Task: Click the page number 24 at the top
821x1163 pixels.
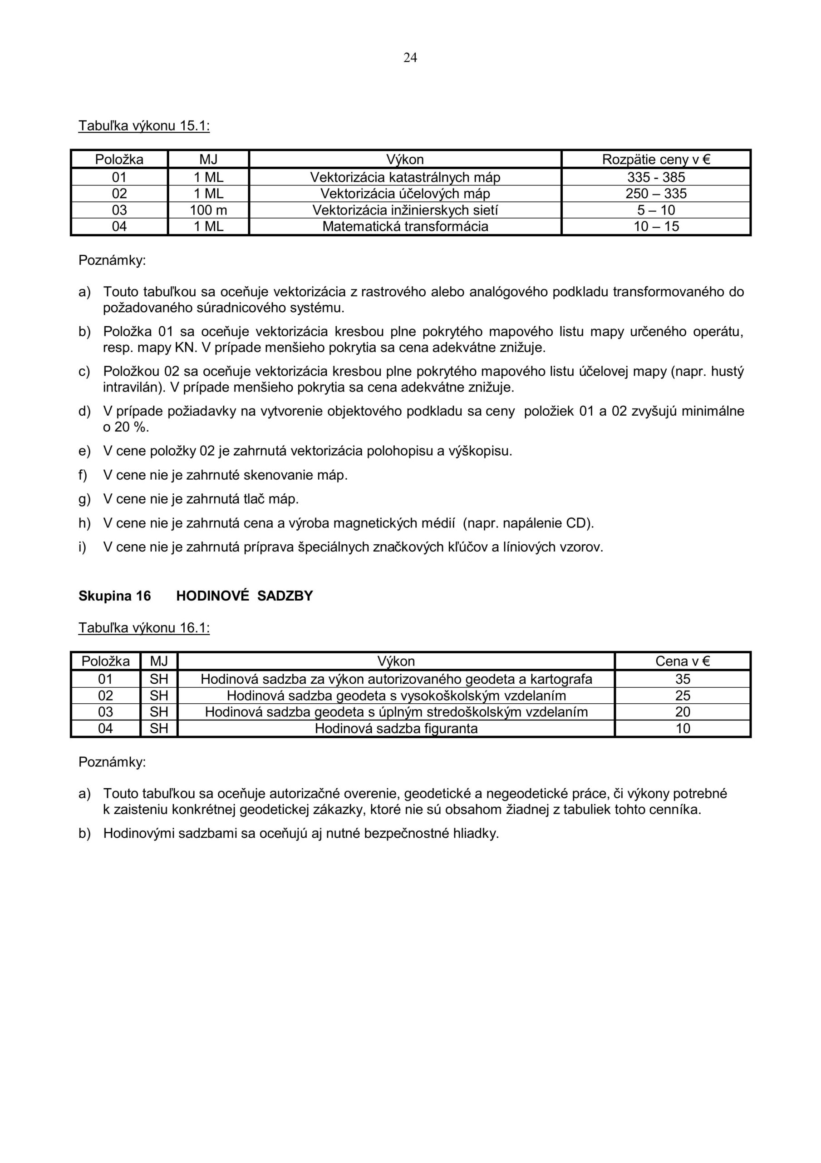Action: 410,58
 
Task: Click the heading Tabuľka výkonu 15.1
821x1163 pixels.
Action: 144,126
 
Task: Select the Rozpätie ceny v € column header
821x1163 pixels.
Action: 655,159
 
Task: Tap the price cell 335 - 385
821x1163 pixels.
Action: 655,177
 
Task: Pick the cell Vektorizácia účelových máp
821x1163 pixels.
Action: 405,194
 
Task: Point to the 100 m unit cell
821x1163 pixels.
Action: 208,210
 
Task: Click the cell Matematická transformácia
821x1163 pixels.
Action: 405,226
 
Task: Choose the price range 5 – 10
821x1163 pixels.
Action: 655,210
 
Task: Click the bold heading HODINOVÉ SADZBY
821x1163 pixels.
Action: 245,596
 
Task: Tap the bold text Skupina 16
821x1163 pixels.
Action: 114,596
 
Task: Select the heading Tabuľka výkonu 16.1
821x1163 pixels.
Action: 144,628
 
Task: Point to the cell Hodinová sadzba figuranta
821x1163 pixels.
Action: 396,728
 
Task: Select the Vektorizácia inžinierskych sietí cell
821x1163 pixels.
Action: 405,210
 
